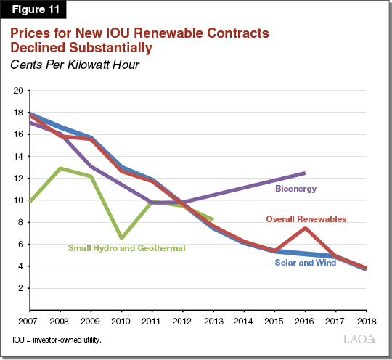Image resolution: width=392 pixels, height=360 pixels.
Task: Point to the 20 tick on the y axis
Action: pos(18,91)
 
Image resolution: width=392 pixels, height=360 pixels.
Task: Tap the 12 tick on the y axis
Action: pos(18,179)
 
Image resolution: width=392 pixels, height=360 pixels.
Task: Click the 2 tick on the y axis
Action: pos(20,288)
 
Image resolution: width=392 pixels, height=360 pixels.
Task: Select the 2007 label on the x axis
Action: pos(28,320)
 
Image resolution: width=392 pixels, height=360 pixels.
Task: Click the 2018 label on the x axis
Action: pos(365,320)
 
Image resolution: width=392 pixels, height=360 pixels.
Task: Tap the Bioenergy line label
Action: pos(295,189)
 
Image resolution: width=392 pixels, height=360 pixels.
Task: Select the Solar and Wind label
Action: pos(305,263)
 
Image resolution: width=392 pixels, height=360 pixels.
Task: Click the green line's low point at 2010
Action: pos(121,237)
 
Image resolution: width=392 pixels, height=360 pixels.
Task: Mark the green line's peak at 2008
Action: pos(59,168)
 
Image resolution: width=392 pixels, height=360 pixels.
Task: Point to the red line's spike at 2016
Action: pos(304,228)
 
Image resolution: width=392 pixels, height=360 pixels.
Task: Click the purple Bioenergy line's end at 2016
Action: pos(304,173)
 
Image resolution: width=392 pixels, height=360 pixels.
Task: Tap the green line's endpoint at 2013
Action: pos(212,219)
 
